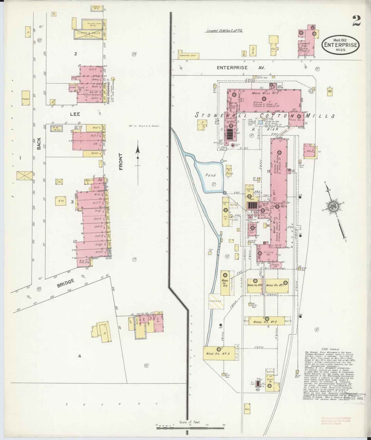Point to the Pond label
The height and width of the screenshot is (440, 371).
(x=210, y=176)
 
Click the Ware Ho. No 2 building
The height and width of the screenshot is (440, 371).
(x=265, y=321)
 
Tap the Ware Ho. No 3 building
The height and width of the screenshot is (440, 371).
(x=225, y=283)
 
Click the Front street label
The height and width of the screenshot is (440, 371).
(x=121, y=162)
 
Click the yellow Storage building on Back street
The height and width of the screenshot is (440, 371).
(x=26, y=98)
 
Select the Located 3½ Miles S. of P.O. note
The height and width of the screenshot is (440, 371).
(x=225, y=31)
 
